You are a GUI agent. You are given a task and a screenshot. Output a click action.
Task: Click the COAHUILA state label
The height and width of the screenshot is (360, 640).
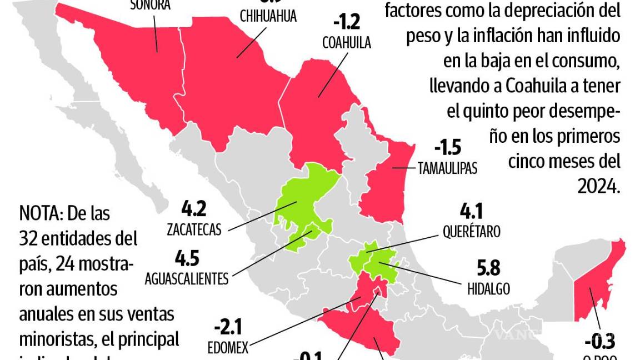pyautogui.click(x=346, y=43)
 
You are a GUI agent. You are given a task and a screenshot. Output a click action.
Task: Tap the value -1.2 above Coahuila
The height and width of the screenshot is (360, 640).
pyautogui.click(x=347, y=23)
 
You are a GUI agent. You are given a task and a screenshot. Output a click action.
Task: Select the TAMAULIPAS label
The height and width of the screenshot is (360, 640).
pyautogui.click(x=448, y=168)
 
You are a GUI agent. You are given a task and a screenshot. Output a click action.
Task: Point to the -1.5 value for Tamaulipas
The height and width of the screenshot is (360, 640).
pyautogui.click(x=448, y=148)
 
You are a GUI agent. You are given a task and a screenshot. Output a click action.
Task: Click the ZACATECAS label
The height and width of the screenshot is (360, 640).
pyautogui.click(x=193, y=228)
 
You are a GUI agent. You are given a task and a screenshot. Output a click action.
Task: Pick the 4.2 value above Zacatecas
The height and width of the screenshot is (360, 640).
pyautogui.click(x=194, y=209)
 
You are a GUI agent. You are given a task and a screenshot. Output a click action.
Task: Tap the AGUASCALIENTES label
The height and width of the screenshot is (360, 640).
pyautogui.click(x=186, y=278)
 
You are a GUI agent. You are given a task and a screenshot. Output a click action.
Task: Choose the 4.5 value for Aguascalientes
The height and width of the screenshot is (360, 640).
pyautogui.click(x=187, y=259)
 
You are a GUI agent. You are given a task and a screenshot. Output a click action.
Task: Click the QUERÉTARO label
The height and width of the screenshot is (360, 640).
pyautogui.click(x=471, y=231)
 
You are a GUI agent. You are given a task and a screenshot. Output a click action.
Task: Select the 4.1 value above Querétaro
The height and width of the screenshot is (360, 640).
pyautogui.click(x=471, y=211)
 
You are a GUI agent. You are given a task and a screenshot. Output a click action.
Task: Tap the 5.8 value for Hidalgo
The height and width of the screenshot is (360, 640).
pyautogui.click(x=488, y=268)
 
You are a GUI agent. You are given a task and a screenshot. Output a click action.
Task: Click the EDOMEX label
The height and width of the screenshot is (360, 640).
pyautogui.click(x=228, y=347)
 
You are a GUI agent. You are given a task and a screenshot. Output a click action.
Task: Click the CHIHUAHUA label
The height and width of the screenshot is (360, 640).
pyautogui.click(x=268, y=16)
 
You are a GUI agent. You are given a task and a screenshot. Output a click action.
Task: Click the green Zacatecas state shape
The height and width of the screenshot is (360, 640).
pyautogui.click(x=303, y=200)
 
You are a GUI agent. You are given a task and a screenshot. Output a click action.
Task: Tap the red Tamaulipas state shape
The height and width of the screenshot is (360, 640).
pyautogui.click(x=383, y=183)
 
